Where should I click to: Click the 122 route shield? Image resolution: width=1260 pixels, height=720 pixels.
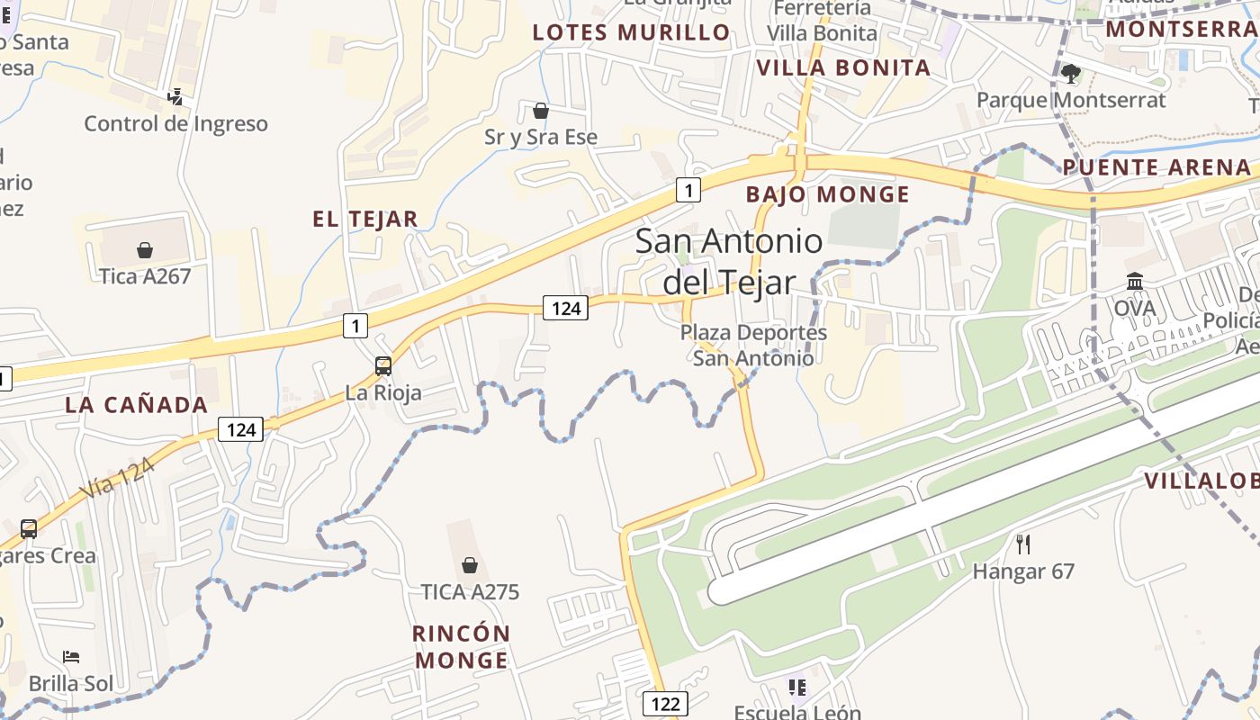click(665, 703)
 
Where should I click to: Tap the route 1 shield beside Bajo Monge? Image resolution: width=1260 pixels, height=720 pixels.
click(688, 190)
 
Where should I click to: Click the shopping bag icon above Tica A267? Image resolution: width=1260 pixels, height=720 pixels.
click(144, 249)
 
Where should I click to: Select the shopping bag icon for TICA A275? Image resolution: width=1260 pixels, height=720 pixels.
click(469, 565)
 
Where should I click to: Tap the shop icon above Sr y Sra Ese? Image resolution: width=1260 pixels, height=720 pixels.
click(541, 111)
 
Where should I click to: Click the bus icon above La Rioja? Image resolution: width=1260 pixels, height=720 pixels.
click(383, 365)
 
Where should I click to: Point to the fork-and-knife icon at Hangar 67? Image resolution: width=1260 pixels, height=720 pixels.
click(1022, 544)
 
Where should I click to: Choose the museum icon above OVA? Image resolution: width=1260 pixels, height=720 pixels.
click(1135, 281)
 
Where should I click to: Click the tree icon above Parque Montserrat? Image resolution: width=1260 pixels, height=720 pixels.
click(1070, 73)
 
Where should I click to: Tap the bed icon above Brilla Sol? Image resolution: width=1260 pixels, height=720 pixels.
click(71, 657)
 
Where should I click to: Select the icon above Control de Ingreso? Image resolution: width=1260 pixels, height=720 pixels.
click(175, 96)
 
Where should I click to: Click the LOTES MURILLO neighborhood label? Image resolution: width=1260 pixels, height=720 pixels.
click(631, 33)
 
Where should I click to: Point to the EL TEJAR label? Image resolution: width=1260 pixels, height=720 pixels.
click(364, 219)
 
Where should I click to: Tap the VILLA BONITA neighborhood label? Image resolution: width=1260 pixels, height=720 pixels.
click(843, 68)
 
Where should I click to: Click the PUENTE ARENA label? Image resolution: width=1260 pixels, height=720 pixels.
click(1156, 167)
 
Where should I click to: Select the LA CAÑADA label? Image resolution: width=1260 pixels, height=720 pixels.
click(137, 405)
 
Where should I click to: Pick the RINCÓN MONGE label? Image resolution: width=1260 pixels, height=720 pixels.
click(461, 646)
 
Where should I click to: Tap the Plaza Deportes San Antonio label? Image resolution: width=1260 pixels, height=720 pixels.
click(752, 345)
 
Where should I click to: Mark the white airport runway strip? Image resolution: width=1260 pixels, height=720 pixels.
click(990, 486)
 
